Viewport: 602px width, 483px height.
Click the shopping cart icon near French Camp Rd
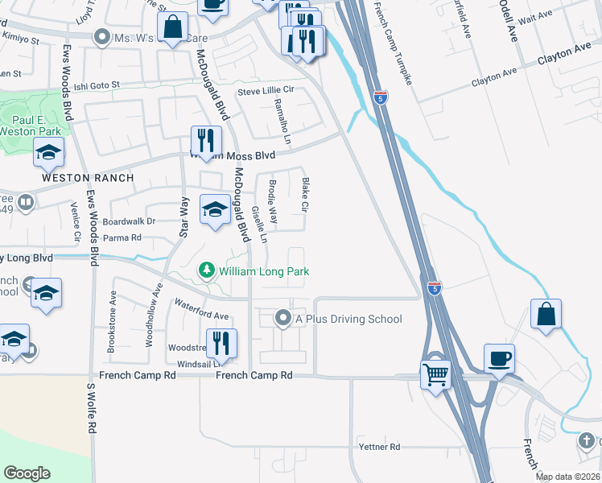click(x=435, y=374)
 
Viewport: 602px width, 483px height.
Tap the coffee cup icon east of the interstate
click(x=499, y=357)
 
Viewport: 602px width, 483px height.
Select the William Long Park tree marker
click(x=208, y=271)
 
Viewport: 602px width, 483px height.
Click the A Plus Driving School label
click(x=348, y=319)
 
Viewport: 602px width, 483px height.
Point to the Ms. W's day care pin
click(x=101, y=37)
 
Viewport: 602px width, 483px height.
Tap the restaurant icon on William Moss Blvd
click(x=205, y=140)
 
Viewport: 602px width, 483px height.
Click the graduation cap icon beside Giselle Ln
click(x=215, y=210)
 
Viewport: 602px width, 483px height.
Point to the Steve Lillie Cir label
click(x=265, y=91)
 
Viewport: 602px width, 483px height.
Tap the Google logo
click(x=27, y=473)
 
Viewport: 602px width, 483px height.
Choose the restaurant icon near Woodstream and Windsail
click(x=221, y=343)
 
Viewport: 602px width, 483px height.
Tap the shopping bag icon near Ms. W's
click(x=173, y=29)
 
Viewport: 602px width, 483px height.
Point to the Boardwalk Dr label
click(x=128, y=221)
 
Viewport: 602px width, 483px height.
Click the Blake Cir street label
click(x=305, y=195)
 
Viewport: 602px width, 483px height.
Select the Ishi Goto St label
click(x=95, y=84)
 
